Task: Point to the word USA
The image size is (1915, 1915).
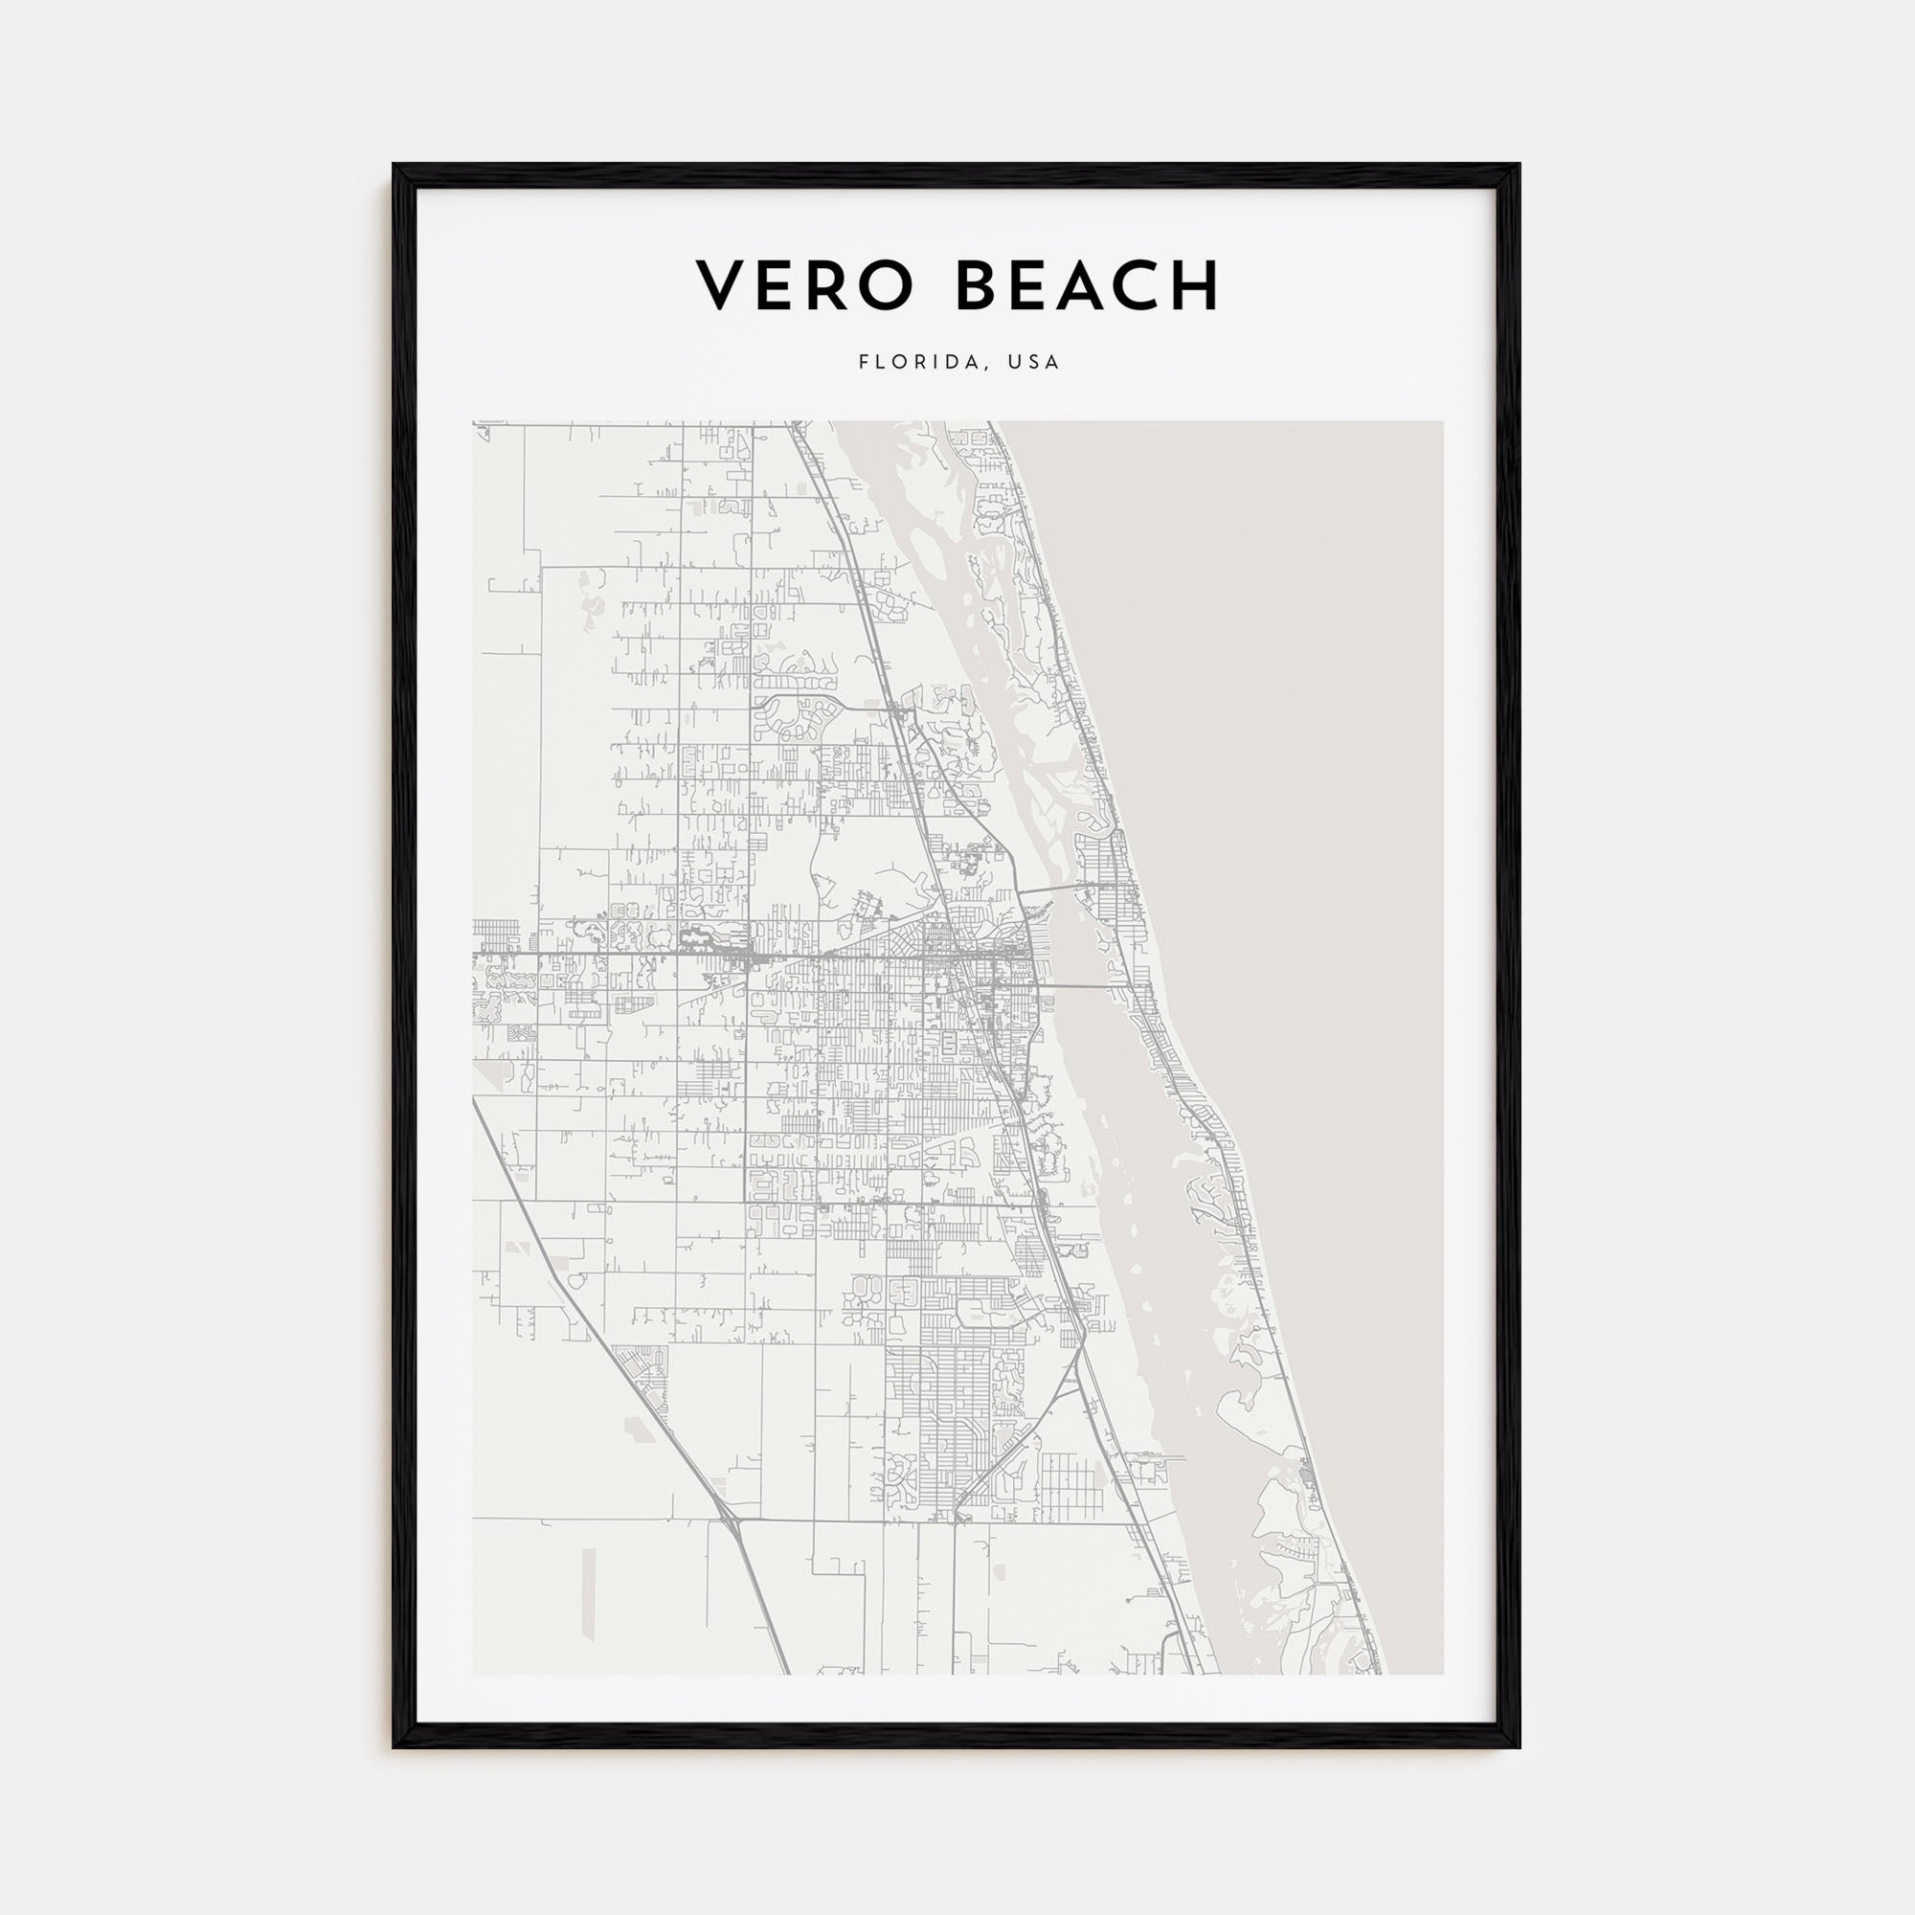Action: (1034, 362)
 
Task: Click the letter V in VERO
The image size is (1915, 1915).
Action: (722, 286)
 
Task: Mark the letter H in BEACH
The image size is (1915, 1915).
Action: (1196, 286)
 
